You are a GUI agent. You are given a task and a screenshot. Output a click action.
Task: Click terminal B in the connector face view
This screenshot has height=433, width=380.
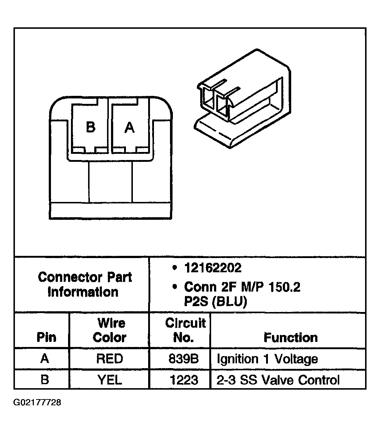90,128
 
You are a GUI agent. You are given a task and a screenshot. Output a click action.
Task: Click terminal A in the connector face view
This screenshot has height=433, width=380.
130,128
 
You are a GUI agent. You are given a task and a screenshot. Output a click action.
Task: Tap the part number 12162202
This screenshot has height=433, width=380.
213,268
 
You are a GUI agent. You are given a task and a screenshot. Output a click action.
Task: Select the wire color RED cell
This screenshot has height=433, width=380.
110,359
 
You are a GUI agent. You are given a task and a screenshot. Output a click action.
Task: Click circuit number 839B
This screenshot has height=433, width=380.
183,359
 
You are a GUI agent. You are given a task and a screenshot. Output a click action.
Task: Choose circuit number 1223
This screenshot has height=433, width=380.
184,380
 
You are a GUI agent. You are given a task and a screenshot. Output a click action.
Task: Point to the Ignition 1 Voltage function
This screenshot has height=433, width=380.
267,359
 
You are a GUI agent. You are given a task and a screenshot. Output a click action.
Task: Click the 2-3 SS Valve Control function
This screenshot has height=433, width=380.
278,380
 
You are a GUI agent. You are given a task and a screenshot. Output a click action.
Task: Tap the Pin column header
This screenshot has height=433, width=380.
46,337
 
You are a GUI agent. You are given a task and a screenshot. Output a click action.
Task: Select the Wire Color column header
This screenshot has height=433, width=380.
110,330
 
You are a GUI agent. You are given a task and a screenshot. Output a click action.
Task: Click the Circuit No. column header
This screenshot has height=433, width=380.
185,330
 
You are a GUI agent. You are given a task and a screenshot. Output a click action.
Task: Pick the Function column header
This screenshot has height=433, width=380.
291,338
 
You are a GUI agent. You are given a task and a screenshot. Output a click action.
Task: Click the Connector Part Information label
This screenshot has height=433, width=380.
85,284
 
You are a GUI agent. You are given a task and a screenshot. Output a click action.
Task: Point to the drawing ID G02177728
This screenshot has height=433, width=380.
37,402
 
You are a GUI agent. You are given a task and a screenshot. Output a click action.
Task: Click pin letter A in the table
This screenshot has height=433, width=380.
45,359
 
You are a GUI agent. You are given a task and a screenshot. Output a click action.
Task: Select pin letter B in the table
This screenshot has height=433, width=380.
45,380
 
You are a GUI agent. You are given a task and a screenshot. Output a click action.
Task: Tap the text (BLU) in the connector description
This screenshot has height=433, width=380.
230,301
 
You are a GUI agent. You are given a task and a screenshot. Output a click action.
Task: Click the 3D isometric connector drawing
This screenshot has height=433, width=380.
243,98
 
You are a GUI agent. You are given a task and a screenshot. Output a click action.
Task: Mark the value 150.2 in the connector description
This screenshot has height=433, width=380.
284,287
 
